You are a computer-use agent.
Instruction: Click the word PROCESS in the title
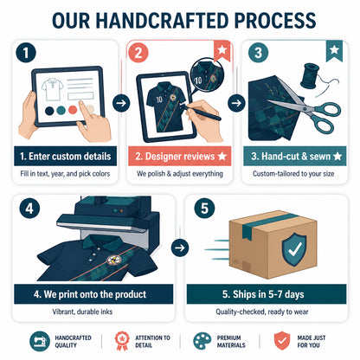pyautogui.click(x=275, y=21)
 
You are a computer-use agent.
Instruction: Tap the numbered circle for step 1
pyautogui.click(x=26, y=53)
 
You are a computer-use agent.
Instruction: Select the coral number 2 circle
pyautogui.click(x=138, y=53)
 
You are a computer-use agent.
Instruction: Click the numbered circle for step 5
pyautogui.click(x=204, y=209)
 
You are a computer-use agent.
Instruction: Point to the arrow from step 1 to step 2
pyautogui.click(x=121, y=103)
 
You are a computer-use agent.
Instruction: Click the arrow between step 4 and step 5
pyautogui.click(x=180, y=247)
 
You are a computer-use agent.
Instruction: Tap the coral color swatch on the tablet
pyautogui.click(x=73, y=110)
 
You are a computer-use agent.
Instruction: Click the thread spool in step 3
pyautogui.click(x=310, y=76)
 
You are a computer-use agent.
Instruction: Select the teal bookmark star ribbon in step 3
pyautogui.click(x=334, y=51)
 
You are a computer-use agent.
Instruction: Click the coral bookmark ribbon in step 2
pyautogui.click(x=222, y=51)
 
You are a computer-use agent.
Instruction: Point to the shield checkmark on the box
pyautogui.click(x=294, y=249)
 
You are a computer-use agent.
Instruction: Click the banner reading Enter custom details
pyautogui.click(x=66, y=156)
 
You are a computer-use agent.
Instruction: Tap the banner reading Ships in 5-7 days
pyautogui.click(x=267, y=294)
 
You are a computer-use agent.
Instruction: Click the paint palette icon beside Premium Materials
pyautogui.click(x=202, y=341)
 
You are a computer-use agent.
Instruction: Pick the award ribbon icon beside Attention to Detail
pyautogui.click(x=122, y=341)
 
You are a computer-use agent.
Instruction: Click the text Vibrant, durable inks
pyautogui.click(x=82, y=312)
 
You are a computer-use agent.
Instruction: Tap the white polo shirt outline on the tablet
pyautogui.click(x=52, y=89)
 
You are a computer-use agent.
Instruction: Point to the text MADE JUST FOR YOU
pyautogui.click(x=312, y=341)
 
